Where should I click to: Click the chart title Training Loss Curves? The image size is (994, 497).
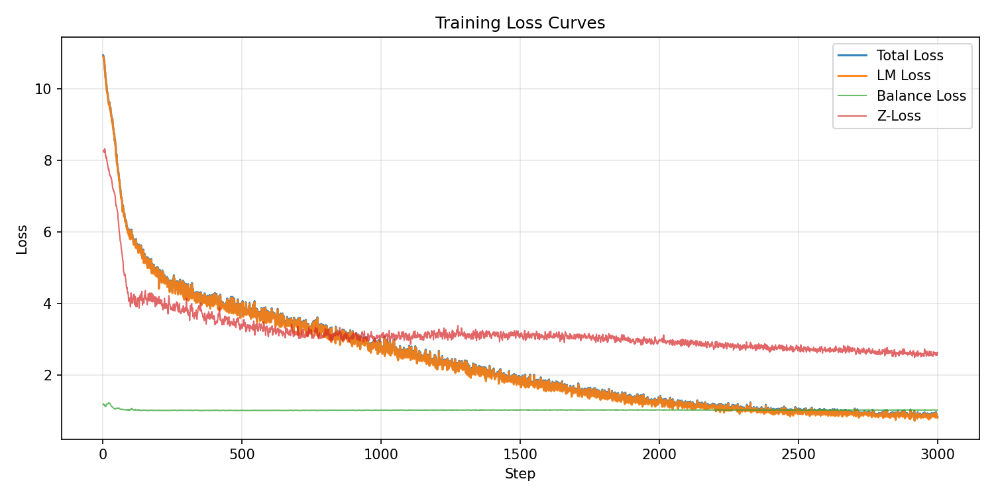520,23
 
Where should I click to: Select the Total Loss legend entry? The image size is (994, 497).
909,56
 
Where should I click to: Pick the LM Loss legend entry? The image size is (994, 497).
903,76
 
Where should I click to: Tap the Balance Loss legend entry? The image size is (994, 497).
921,96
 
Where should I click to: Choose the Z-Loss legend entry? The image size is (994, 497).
898,116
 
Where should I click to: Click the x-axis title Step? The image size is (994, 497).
520,474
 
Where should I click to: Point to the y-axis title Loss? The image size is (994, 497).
23,239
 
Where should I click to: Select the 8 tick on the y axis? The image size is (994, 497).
47,160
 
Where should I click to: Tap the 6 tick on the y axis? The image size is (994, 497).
47,232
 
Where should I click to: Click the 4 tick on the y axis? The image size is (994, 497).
47,304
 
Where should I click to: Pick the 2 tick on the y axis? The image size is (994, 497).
47,375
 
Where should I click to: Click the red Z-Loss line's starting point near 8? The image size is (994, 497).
103,150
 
